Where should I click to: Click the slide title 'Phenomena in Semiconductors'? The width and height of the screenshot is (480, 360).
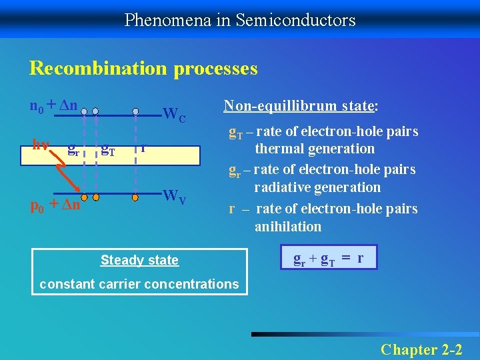pyautogui.click(x=240, y=20)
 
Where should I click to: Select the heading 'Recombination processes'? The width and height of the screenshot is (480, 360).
pyautogui.click(x=143, y=68)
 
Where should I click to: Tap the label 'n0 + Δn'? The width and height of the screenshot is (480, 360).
pyautogui.click(x=53, y=105)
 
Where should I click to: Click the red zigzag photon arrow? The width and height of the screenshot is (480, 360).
pyautogui.click(x=66, y=175)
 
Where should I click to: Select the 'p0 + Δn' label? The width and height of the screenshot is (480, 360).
pyautogui.click(x=56, y=205)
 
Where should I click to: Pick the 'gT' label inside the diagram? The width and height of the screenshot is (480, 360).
pyautogui.click(x=107, y=151)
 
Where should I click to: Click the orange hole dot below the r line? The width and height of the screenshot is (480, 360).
pyautogui.click(x=135, y=197)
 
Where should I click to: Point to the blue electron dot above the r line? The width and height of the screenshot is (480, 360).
pyautogui.click(x=135, y=111)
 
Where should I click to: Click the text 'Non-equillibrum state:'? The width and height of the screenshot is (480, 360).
pyautogui.click(x=301, y=105)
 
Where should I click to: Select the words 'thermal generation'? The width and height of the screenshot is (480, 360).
pyautogui.click(x=315, y=149)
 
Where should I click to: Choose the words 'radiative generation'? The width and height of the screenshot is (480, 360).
pyautogui.click(x=317, y=188)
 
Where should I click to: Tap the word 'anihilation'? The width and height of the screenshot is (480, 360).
pyautogui.click(x=287, y=227)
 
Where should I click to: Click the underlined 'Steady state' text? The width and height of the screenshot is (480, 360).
pyautogui.click(x=139, y=260)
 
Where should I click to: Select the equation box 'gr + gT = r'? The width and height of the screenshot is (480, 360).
pyautogui.click(x=329, y=257)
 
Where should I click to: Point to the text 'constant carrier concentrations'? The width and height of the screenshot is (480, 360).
pyautogui.click(x=139, y=284)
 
